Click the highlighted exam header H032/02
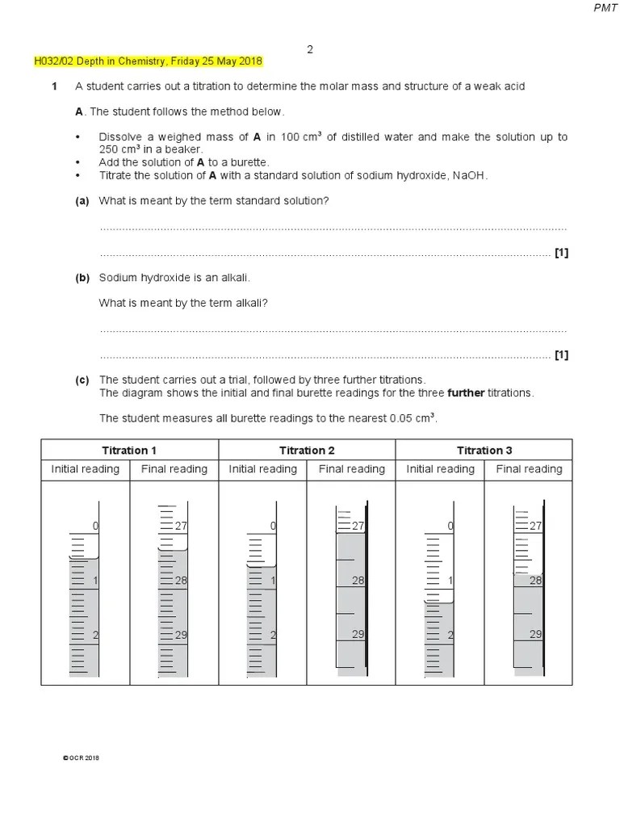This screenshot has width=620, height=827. coord(148,62)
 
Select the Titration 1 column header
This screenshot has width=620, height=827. coord(129,451)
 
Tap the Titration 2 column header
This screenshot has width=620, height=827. coord(307,451)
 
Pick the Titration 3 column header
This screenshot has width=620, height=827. coord(484,451)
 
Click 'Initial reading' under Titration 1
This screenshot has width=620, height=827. coord(86,469)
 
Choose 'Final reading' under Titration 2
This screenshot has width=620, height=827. coord(351,469)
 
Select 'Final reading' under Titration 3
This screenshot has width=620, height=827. coord(529,469)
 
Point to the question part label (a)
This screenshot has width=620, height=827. coord(82,200)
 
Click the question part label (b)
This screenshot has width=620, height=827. coord(82,278)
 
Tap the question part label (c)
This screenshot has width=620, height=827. coord(82,380)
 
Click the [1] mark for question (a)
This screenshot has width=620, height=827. coord(561,253)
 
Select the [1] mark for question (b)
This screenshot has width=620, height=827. coord(561,355)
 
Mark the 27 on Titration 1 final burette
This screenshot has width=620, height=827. coord(181,526)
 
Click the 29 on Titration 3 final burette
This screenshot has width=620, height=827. coord(535,635)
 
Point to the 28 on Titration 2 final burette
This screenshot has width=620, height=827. coord(358,581)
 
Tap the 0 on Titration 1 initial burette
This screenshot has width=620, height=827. coord(95,526)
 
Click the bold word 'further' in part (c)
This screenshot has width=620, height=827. coord(463,393)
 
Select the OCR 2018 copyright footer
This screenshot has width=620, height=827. coord(81,758)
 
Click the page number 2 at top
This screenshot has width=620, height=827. coord(309,49)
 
